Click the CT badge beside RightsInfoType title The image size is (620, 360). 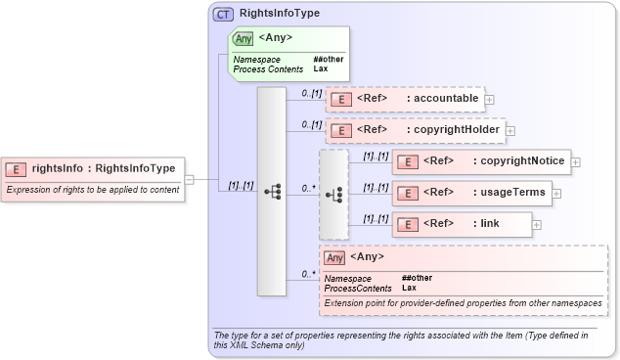pyautogui.click(x=223, y=15)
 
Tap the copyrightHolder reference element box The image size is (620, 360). pyautogui.click(x=414, y=130)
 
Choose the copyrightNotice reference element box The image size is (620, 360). pyautogui.click(x=480, y=161)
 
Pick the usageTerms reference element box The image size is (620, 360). pyautogui.click(x=470, y=193)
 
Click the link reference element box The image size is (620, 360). pyautogui.click(x=462, y=224)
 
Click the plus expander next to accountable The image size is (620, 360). pyautogui.click(x=489, y=99)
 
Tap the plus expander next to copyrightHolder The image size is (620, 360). pyautogui.click(x=509, y=130)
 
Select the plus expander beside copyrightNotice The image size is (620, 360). pyautogui.click(x=576, y=161)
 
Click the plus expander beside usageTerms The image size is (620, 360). pyautogui.click(x=556, y=193)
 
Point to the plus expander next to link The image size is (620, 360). pyautogui.click(x=537, y=224)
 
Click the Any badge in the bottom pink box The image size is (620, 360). pyautogui.click(x=335, y=257)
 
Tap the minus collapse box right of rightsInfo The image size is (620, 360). pyautogui.click(x=190, y=179)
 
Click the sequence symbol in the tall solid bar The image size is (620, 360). pyautogui.click(x=272, y=193)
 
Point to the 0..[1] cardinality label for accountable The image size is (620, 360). pyautogui.click(x=312, y=92)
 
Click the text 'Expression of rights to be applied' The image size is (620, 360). pyautogui.click(x=93, y=190)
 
